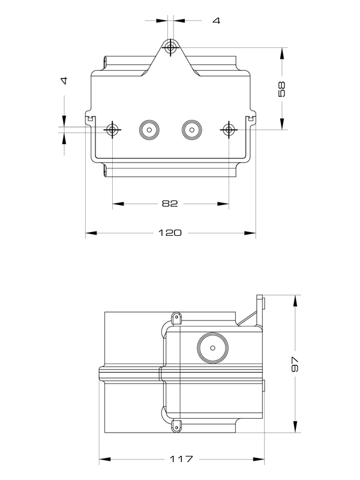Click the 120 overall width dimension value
click(x=170, y=233)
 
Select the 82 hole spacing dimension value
click(x=170, y=204)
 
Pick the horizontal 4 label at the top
click(x=216, y=20)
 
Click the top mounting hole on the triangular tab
click(x=171, y=47)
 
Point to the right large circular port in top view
click(x=191, y=129)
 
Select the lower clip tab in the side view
click(x=176, y=425)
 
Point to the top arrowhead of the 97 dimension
click(x=294, y=301)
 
